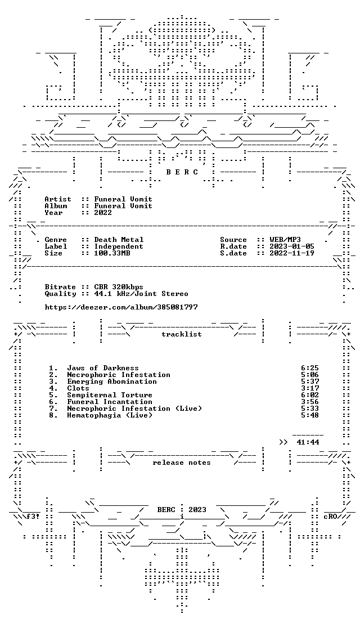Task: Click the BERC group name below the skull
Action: (x=182, y=172)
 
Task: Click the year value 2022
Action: (x=103, y=213)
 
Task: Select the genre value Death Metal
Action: (x=119, y=240)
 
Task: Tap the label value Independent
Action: (x=119, y=246)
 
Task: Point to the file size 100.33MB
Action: (x=112, y=254)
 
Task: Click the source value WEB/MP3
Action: (x=285, y=240)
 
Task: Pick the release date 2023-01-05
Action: (x=292, y=246)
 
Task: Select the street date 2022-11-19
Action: (x=292, y=254)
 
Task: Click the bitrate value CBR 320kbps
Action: (x=119, y=287)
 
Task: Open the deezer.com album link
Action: (x=121, y=307)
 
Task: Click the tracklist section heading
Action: (x=182, y=334)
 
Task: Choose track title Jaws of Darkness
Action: (x=103, y=367)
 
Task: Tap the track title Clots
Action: (x=78, y=388)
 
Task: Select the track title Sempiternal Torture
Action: (x=110, y=395)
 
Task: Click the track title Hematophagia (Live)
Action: (x=110, y=415)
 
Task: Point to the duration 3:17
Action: (x=310, y=388)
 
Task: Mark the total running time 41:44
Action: (x=308, y=442)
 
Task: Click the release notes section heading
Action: (x=182, y=463)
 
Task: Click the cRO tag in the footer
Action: (x=330, y=516)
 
